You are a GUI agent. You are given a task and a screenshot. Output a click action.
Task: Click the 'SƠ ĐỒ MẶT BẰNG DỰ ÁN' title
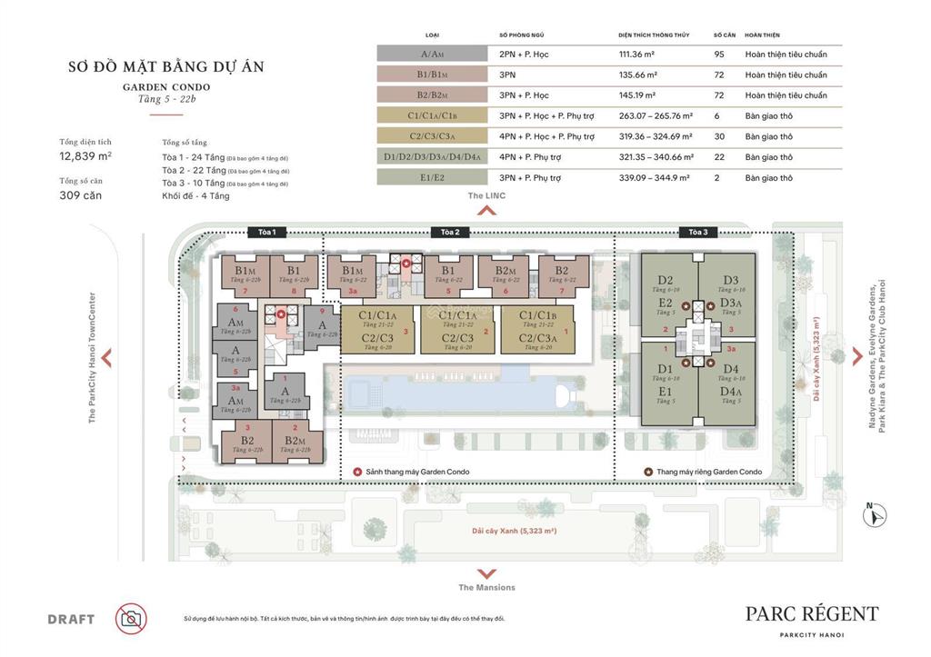tap(166, 67)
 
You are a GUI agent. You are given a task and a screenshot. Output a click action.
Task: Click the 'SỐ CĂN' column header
tap(724, 35)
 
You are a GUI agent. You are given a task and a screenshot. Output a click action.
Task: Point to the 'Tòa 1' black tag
tap(266, 233)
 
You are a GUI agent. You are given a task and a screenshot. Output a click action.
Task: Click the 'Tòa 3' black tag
tap(697, 233)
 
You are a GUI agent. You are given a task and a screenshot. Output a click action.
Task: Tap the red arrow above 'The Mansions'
tap(486, 573)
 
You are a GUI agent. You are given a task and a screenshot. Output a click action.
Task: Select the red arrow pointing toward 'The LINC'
tap(486, 211)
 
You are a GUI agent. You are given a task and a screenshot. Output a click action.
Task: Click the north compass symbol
tap(876, 515)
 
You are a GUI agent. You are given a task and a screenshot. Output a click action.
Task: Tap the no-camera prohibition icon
tap(131, 619)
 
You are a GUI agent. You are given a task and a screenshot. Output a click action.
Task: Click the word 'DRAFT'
tap(71, 620)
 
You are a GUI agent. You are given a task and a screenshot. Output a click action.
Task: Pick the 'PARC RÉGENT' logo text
tap(812, 614)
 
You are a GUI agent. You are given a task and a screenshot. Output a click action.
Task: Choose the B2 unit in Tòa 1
tap(246, 442)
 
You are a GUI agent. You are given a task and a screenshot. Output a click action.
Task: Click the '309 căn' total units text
tap(80, 194)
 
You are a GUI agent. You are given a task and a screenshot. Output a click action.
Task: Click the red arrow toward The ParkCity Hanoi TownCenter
tap(106, 357)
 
